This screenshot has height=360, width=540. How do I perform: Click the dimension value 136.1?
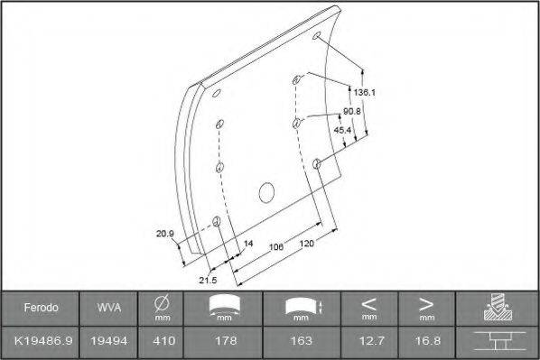tap(364, 92)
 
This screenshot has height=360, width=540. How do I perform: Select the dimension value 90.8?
tap(351, 111)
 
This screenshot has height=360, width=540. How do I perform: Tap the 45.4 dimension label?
tap(343, 130)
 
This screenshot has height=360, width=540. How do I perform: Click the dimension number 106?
tap(275, 245)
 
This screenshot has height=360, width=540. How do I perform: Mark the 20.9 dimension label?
tap(164, 234)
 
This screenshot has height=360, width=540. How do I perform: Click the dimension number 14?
tap(247, 244)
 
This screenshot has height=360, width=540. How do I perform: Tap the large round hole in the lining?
tap(265, 191)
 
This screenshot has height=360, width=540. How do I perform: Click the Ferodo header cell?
tap(41, 308)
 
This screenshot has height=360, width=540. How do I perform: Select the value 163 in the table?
tap(302, 341)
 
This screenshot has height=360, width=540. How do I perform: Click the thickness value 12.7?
tap(368, 341)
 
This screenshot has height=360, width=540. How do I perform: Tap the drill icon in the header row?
tap(498, 307)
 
